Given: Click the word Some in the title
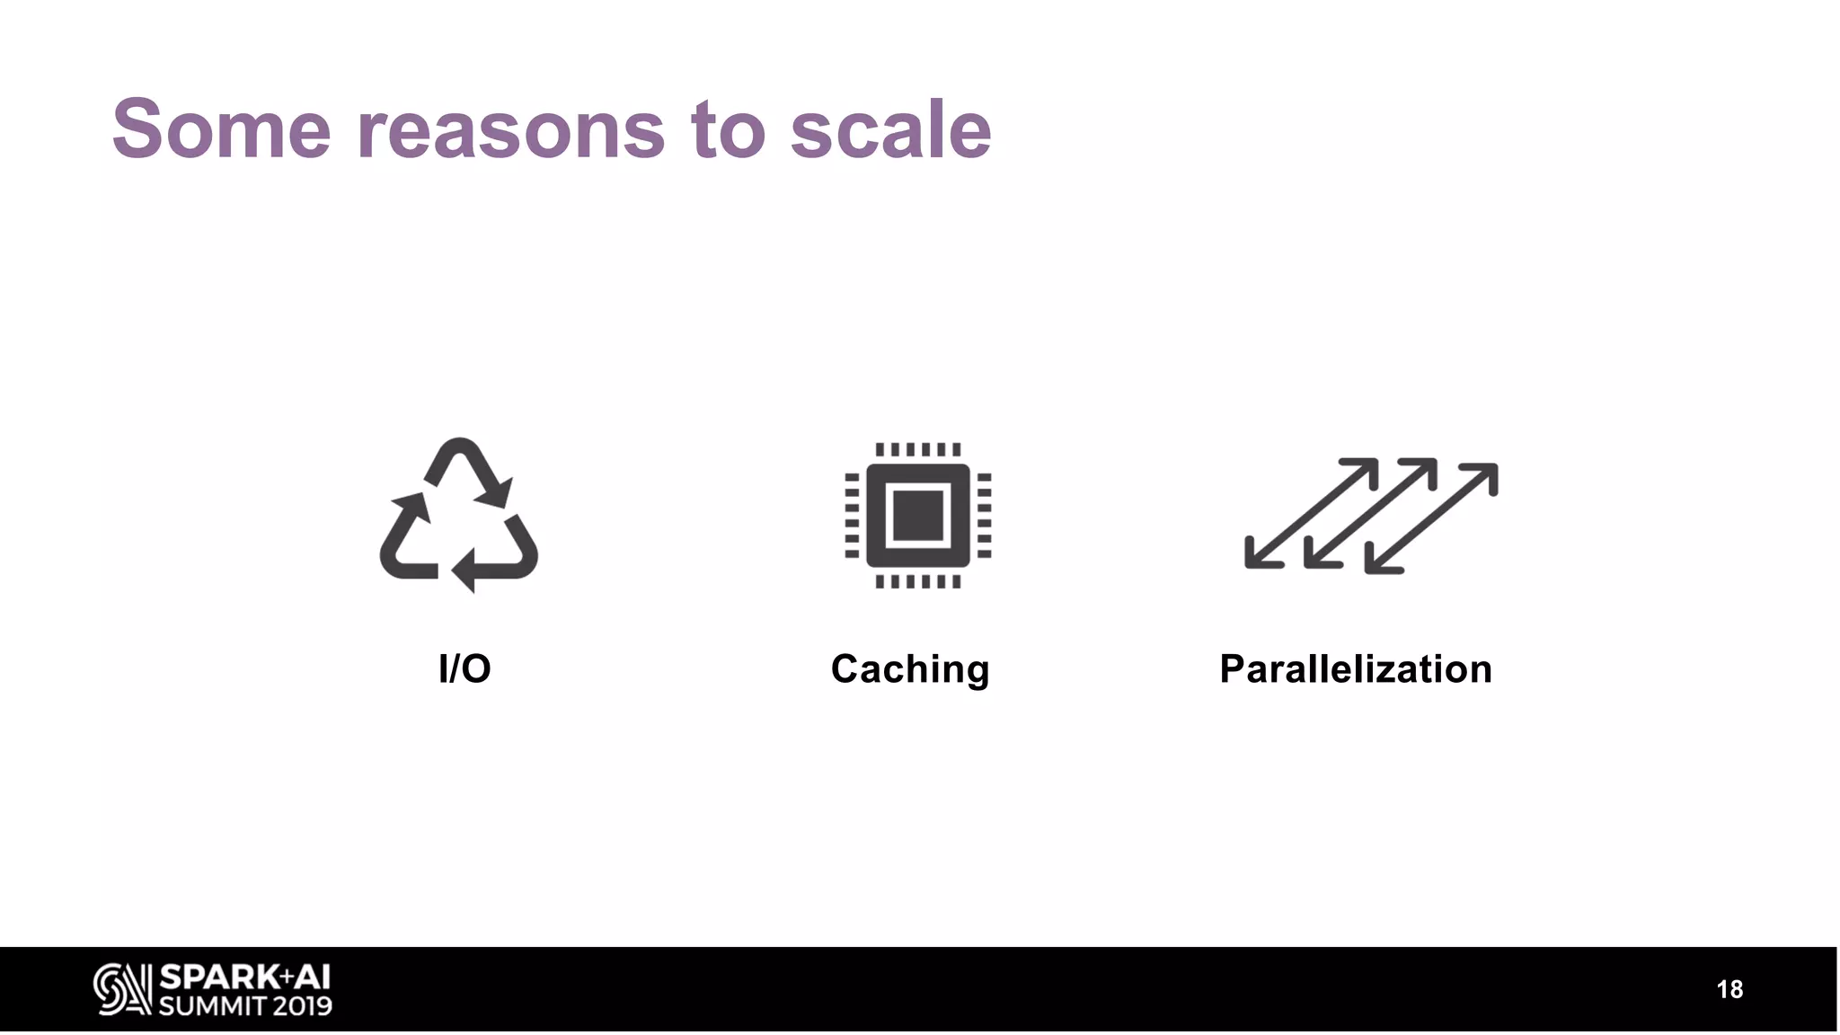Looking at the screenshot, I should click(x=221, y=130).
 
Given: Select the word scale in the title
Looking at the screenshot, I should click(x=890, y=130).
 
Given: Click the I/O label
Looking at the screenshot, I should click(x=464, y=669).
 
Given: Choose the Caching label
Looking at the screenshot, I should click(x=910, y=669).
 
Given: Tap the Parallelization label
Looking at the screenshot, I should click(x=1356, y=669).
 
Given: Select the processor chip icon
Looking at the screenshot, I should click(x=917, y=515).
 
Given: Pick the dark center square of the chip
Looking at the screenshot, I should click(x=917, y=516).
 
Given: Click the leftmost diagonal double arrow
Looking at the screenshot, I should click(x=1311, y=513).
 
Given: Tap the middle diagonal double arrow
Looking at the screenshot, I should click(x=1370, y=513).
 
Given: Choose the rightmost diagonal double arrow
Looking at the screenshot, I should click(x=1431, y=518).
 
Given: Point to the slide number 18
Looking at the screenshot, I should click(x=1729, y=990).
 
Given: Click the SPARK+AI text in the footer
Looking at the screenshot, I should click(x=244, y=977).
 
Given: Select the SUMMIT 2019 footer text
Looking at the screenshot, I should click(x=245, y=1005).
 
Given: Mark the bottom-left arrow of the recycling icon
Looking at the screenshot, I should click(x=404, y=539).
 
